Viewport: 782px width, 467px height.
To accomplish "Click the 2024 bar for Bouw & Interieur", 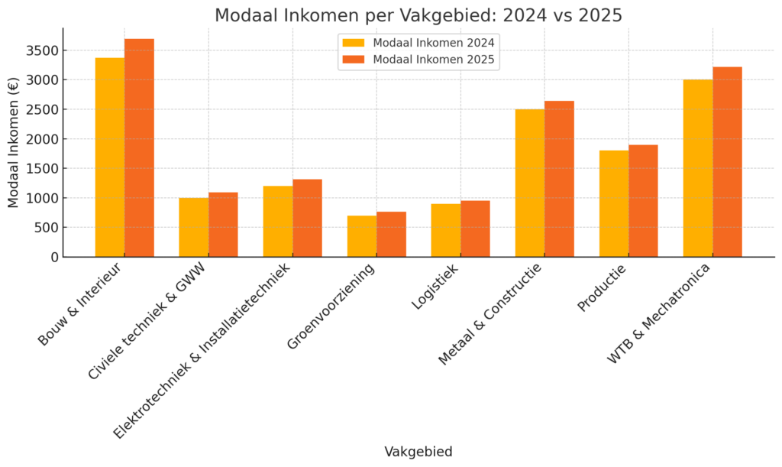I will coord(110,157).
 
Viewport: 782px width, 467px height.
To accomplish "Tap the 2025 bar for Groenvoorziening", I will coord(391,234).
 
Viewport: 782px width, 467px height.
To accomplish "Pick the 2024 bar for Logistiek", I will coord(446,230).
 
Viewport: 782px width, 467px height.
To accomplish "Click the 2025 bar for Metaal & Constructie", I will coord(559,179).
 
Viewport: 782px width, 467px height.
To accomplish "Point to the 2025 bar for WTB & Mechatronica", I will coord(727,162).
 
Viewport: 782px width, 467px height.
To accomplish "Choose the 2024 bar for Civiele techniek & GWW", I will coord(194,227).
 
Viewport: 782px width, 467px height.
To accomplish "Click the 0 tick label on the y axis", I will coord(53,257).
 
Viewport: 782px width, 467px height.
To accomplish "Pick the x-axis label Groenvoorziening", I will coord(331,306).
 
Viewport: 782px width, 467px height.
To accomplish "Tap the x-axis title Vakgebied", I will coord(418,452).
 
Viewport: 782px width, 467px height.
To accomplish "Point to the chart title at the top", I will coord(418,15).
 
